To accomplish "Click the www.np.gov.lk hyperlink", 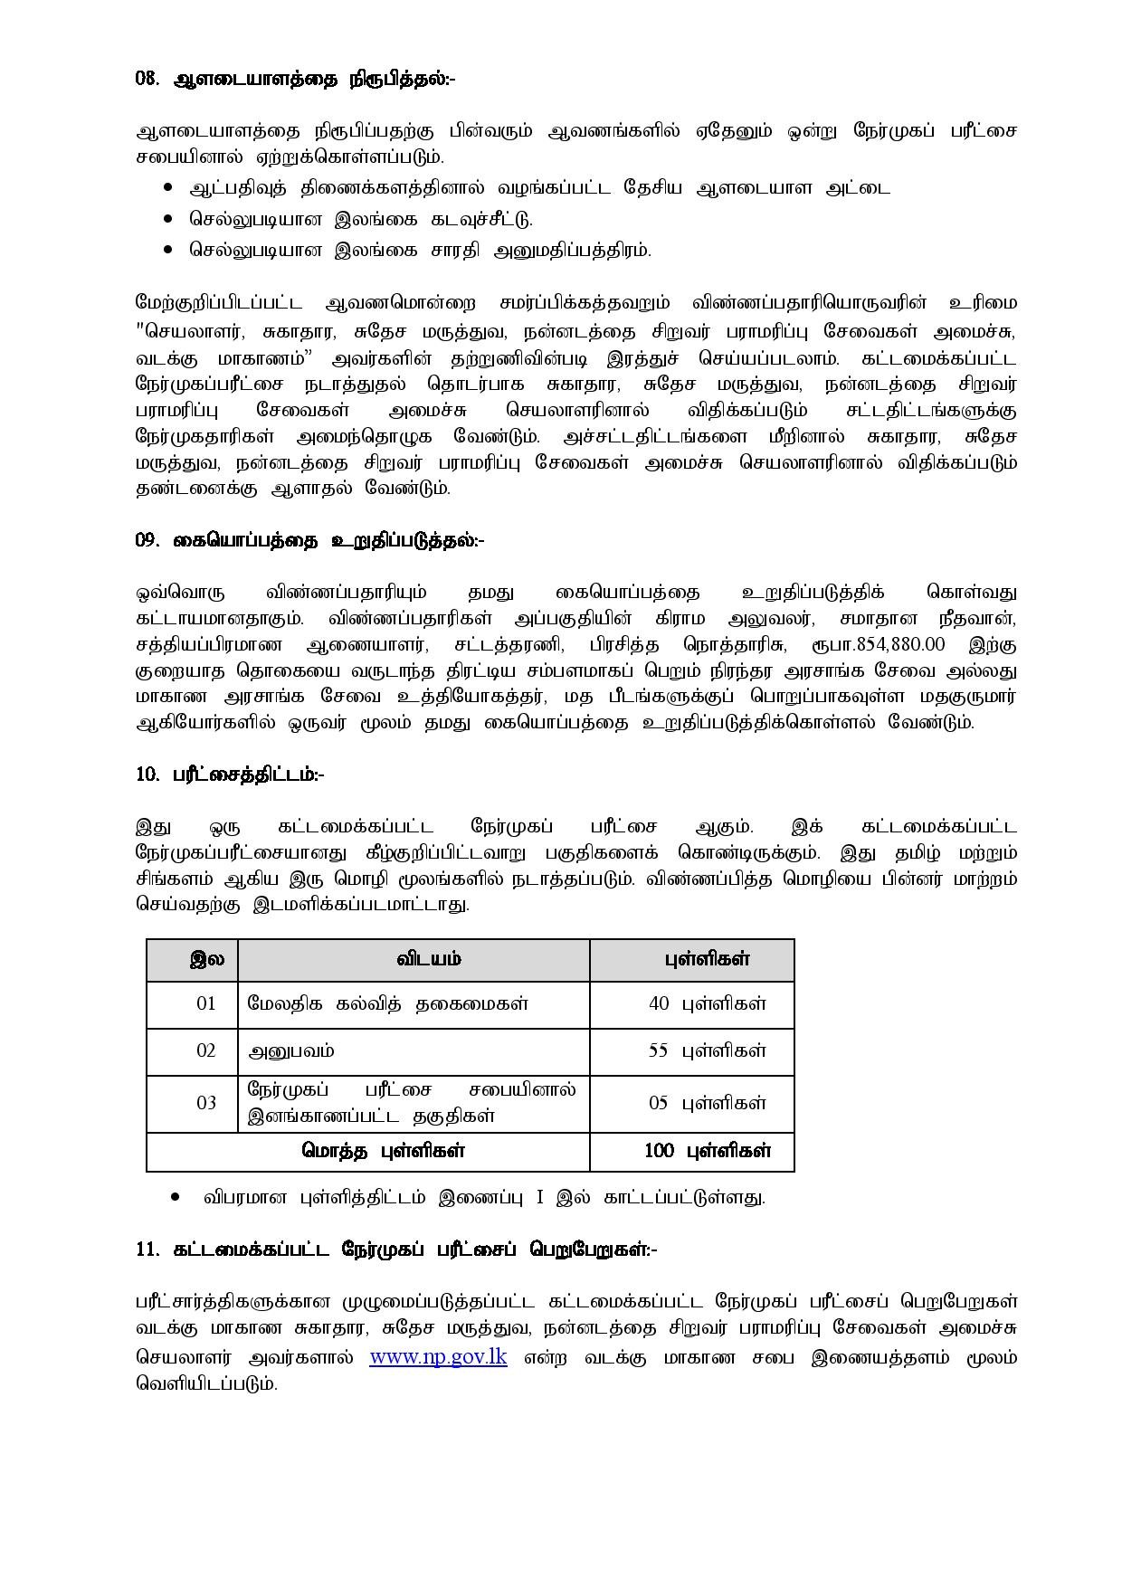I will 438,1357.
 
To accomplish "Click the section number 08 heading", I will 295,79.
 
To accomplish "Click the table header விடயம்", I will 428,959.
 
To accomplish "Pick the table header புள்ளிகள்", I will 707,959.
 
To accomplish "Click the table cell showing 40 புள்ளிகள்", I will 707,1003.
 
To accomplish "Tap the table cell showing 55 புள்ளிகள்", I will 707,1050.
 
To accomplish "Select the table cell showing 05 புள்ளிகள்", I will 707,1103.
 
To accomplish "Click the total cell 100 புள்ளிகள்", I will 707,1151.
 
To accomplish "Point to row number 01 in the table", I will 206,1003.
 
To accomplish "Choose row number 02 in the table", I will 206,1050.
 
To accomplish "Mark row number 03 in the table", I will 206,1103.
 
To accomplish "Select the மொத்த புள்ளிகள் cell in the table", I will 383,1151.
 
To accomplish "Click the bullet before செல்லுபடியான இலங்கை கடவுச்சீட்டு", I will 168,219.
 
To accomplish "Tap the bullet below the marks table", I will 176,1198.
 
